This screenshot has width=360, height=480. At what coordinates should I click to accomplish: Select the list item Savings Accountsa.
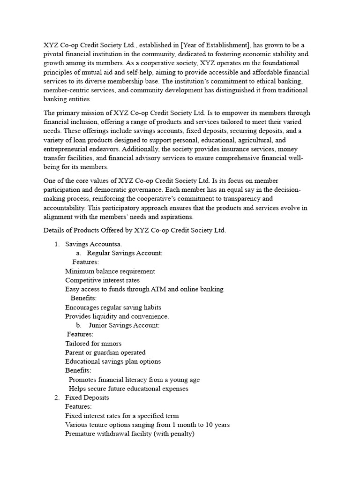click(x=94, y=244)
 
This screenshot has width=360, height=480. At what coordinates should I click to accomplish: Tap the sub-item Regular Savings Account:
click(x=125, y=253)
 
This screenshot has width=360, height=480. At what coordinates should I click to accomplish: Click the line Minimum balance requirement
click(x=110, y=271)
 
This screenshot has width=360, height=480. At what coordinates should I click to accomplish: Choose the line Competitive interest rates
click(x=103, y=280)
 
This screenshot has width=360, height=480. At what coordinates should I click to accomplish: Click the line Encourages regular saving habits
click(x=113, y=307)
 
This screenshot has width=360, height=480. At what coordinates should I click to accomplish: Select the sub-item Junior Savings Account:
click(x=124, y=325)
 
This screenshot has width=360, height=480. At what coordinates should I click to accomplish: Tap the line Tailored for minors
click(x=93, y=344)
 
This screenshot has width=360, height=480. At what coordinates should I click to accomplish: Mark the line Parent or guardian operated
click(x=105, y=352)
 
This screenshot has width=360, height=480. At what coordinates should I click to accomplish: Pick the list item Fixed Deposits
click(x=87, y=397)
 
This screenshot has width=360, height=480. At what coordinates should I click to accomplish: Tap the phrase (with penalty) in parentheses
click(x=172, y=434)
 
